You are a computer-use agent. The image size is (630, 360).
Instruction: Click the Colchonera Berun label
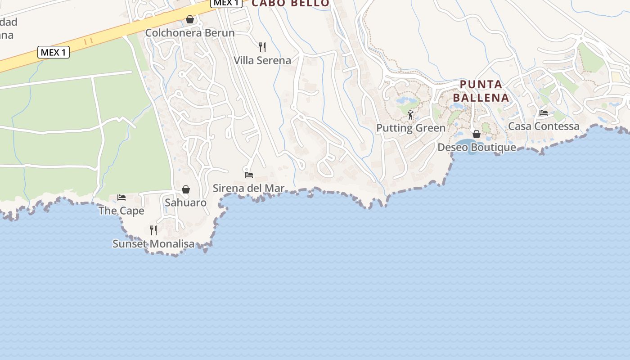tap(189, 33)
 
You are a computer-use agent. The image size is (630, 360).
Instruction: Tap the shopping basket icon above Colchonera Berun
tap(190, 19)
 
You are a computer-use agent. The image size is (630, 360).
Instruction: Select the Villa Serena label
tap(262, 60)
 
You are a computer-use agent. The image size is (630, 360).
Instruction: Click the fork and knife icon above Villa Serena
tap(262, 47)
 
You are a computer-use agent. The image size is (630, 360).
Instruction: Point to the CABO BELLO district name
tap(290, 3)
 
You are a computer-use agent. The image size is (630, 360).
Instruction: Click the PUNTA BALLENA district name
tap(481, 91)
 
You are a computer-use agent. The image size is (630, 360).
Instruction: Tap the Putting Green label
tap(411, 128)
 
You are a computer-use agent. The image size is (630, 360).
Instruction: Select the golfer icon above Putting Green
tap(410, 115)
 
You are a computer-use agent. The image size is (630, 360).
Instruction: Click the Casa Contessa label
tap(544, 126)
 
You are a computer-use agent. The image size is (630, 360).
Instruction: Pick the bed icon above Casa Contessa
tap(544, 113)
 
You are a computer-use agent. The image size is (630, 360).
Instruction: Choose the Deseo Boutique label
tap(477, 147)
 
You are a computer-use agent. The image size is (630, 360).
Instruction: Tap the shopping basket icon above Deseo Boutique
tap(477, 134)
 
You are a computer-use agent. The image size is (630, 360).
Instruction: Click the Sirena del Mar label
tap(248, 188)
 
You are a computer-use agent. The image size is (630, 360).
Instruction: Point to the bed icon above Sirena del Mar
tap(248, 175)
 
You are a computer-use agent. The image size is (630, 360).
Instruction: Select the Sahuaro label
tap(185, 202)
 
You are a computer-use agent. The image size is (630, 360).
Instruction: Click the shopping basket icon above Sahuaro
tap(185, 189)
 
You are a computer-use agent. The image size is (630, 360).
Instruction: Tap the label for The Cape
tap(121, 211)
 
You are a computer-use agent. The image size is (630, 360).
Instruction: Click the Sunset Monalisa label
tap(153, 244)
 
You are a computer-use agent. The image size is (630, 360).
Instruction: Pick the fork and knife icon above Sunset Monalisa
tap(153, 230)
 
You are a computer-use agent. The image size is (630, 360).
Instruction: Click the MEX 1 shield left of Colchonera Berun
tap(53, 52)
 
